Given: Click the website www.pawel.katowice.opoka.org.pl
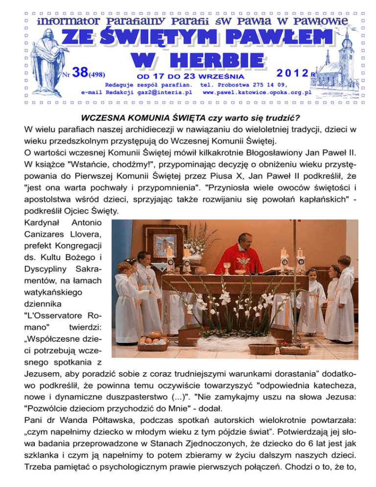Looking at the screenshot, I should click(x=257, y=92).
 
